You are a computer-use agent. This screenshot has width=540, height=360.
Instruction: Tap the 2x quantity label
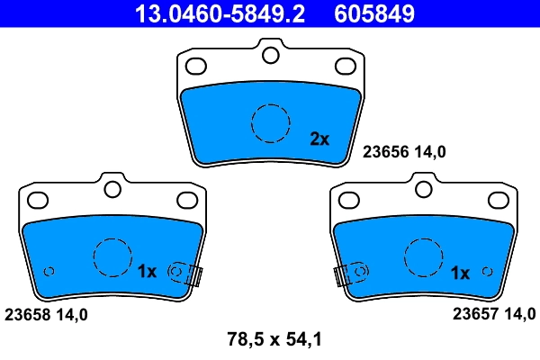tap(319, 139)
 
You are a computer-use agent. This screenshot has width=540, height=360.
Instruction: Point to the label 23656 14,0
tap(404, 153)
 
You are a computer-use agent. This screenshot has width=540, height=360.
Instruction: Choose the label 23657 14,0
tap(493, 314)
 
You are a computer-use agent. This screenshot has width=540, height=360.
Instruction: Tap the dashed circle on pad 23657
tap(423, 257)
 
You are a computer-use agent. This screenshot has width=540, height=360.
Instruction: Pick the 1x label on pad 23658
tap(148, 272)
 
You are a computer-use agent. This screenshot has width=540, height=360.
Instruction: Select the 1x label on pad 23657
tap(459, 272)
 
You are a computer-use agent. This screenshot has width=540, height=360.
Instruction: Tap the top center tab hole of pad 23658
tap(112, 189)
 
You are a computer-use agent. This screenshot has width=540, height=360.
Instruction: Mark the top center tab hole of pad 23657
tap(423, 189)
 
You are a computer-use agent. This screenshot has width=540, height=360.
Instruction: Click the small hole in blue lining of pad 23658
tap(49, 271)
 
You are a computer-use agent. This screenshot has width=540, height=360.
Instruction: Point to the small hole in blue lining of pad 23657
tap(487, 271)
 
